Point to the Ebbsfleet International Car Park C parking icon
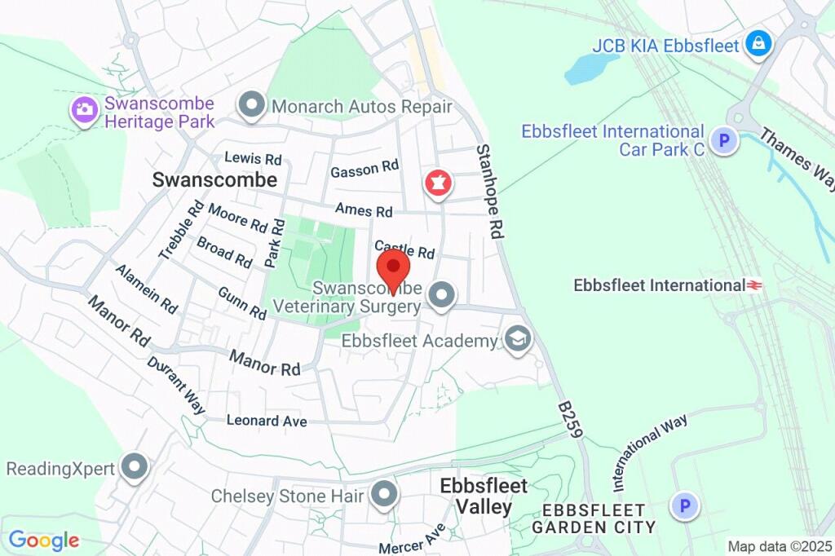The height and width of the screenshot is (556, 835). tap(722, 141)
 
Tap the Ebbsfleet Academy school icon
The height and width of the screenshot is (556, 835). tap(516, 339)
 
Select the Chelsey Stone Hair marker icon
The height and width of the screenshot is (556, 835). tap(383, 493)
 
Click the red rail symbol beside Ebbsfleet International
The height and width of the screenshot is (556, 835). tap(755, 285)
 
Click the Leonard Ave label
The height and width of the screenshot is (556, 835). tap(267, 421)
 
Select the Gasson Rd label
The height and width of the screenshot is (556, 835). tap(364, 169)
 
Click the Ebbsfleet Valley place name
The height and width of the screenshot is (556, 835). tap(484, 496)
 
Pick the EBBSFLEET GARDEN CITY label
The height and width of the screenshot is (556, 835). tap(594, 518)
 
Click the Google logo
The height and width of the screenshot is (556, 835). tap(44, 540)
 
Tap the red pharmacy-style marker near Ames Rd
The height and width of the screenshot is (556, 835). tap(438, 183)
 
